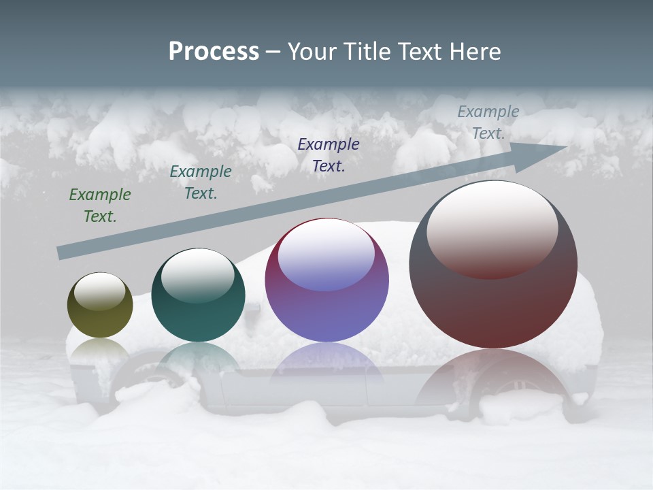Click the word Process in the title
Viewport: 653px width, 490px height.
tap(214, 52)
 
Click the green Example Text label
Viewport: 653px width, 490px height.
tap(100, 206)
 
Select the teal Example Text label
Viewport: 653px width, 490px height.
tap(201, 182)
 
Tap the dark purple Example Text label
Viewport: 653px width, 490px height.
tap(329, 154)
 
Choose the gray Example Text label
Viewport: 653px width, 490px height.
tap(488, 122)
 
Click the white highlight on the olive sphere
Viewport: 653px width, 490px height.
tap(99, 291)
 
